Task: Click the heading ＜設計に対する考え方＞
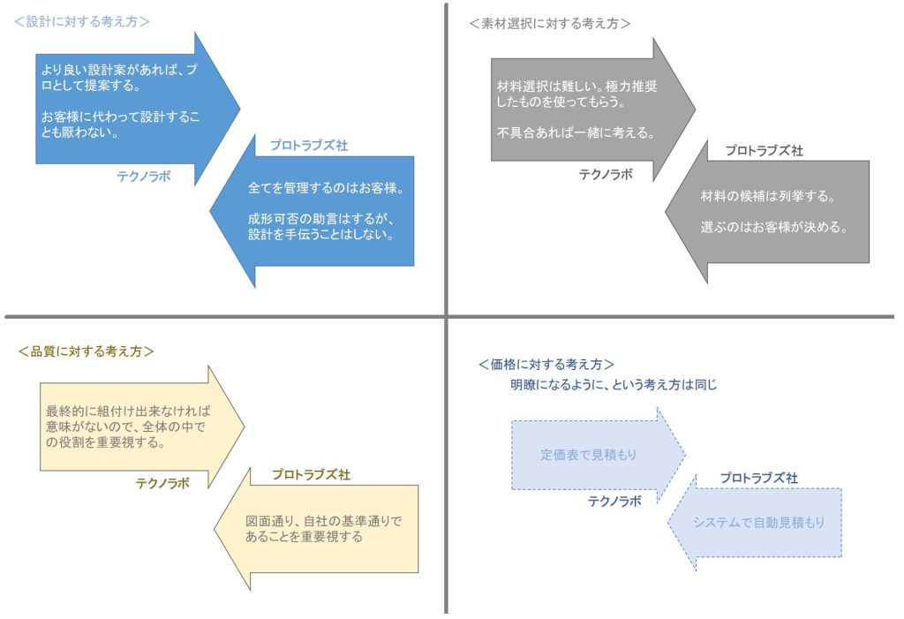(81, 22)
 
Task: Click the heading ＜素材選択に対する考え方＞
(549, 24)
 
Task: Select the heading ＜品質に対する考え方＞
(86, 351)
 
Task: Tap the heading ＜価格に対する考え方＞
(546, 365)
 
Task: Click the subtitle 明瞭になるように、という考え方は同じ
(614, 385)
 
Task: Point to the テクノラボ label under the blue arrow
(144, 177)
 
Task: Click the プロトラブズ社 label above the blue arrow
(309, 146)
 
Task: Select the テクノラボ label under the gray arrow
(606, 174)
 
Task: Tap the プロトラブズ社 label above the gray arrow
(764, 151)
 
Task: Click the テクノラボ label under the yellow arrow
(162, 483)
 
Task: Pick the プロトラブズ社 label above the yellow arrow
(312, 475)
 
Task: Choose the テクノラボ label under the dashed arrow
(614, 502)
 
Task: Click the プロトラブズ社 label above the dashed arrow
(758, 479)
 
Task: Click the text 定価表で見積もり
(589, 455)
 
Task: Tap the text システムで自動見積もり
(758, 523)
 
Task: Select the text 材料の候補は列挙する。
(768, 196)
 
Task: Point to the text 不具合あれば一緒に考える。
(576, 132)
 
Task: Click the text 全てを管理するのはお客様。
(326, 188)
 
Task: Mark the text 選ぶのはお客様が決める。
(773, 227)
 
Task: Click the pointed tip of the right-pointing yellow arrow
(245, 427)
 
